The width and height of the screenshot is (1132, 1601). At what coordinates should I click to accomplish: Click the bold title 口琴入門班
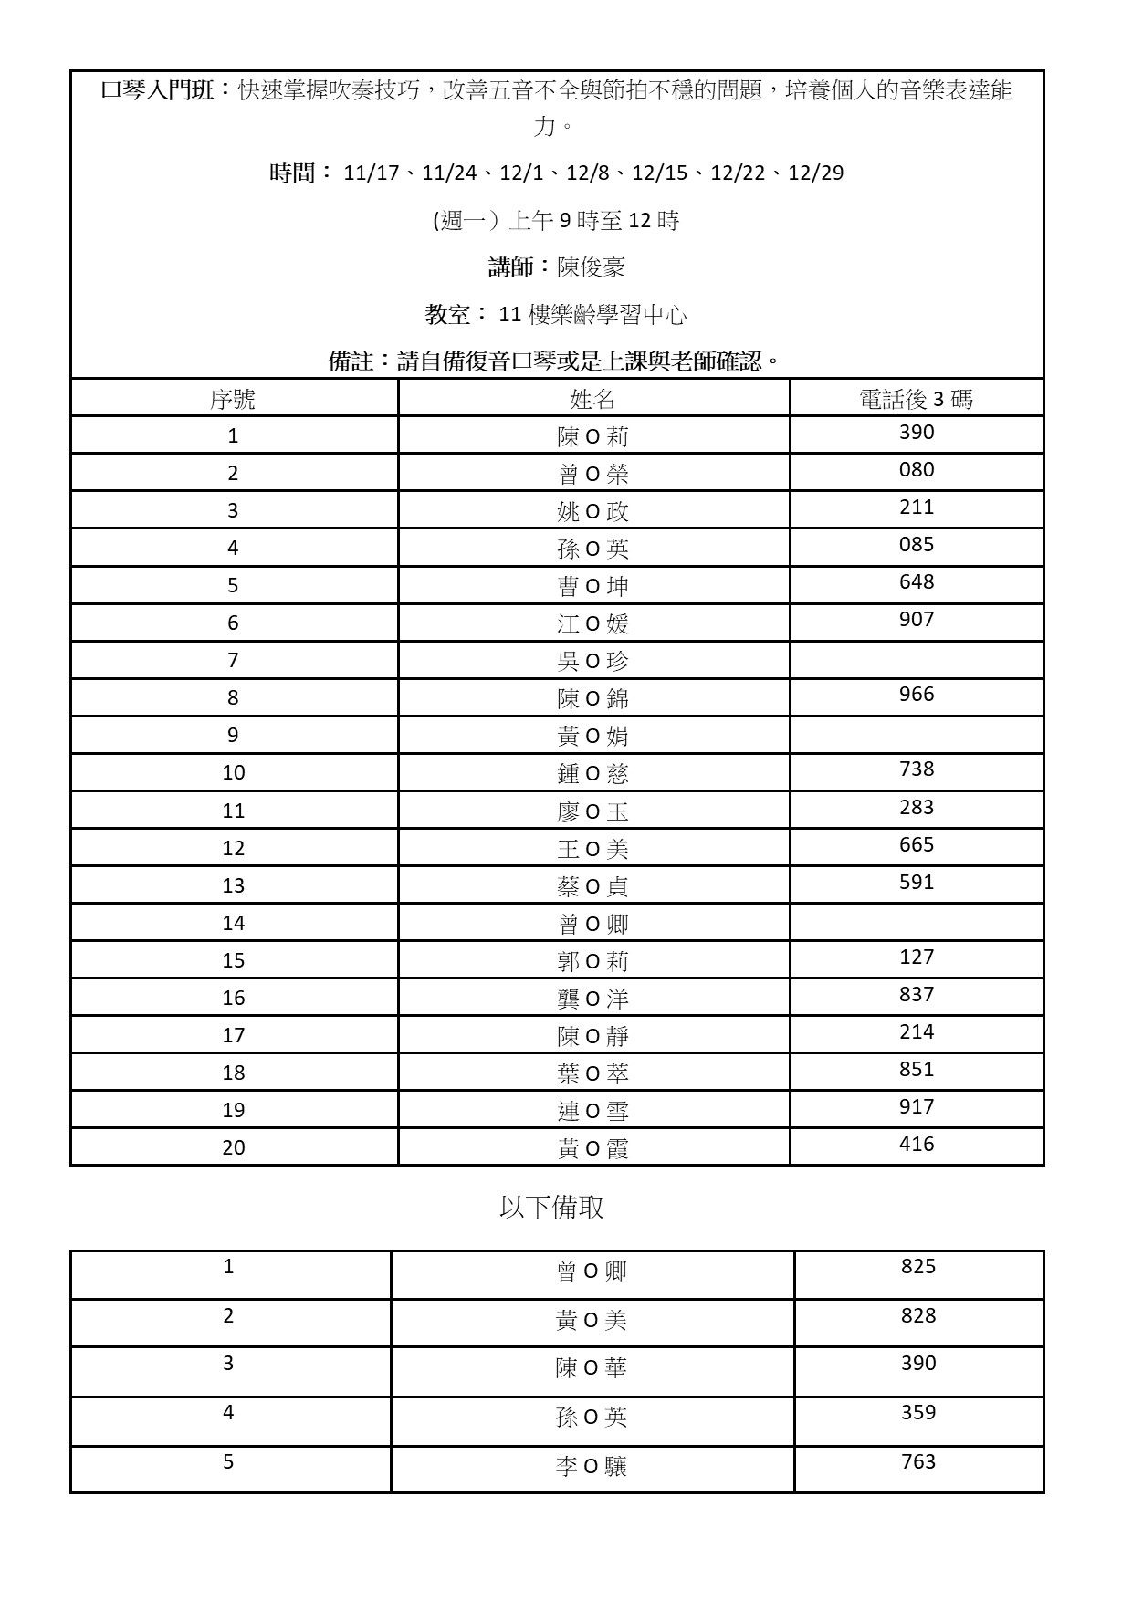(157, 90)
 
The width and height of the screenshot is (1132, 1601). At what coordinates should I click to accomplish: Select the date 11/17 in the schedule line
(371, 173)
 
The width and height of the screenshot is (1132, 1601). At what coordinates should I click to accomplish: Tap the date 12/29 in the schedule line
(815, 173)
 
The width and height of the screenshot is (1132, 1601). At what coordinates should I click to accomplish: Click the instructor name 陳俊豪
(591, 267)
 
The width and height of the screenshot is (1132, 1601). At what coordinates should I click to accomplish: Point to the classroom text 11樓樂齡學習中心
(592, 315)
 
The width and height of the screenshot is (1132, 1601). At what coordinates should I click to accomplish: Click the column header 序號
(233, 399)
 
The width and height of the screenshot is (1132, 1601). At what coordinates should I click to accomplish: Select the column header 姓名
(592, 399)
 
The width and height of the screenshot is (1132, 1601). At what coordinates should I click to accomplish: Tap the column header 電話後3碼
(916, 399)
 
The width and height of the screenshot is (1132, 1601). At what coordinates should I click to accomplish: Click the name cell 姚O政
(592, 511)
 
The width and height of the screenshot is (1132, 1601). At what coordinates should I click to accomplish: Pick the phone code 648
(916, 581)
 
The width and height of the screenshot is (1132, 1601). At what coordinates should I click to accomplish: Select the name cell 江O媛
(592, 623)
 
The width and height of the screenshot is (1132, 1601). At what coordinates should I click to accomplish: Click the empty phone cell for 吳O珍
(916, 660)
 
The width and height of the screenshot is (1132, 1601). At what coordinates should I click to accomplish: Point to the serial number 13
(233, 885)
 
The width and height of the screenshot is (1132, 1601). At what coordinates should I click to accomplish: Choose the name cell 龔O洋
(592, 999)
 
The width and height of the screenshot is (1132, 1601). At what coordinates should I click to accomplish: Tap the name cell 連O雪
(592, 1111)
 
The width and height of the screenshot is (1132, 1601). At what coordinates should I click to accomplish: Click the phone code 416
(916, 1144)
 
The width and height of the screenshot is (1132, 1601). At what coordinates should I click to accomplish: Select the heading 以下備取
(551, 1208)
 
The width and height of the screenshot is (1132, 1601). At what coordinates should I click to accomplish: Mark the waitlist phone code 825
(917, 1266)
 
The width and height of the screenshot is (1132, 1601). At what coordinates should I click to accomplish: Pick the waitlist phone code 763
(917, 1461)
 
